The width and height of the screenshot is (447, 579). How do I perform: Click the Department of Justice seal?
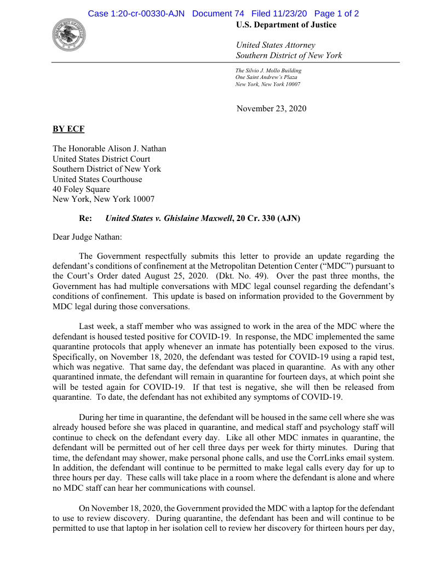coord(69,35)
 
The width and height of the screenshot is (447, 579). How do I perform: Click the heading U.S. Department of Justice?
coord(286,25)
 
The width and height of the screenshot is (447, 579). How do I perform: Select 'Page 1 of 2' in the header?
coord(337,14)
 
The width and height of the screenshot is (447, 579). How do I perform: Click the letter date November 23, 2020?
coord(271,109)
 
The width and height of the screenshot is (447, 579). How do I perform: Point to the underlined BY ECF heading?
coord(68,129)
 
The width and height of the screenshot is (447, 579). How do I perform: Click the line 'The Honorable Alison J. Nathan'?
coord(109,149)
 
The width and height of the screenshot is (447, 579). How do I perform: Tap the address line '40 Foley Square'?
coord(81,189)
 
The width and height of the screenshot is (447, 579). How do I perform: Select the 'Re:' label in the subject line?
coord(85,218)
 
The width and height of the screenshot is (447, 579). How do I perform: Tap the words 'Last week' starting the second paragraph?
coord(96,326)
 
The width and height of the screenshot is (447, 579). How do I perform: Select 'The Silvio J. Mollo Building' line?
coord(268,71)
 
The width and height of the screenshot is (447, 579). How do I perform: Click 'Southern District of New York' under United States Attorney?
coord(289,55)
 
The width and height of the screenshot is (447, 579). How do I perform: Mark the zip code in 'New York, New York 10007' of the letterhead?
coord(291,84)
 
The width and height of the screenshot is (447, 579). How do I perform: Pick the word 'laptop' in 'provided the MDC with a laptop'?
coord(296,508)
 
